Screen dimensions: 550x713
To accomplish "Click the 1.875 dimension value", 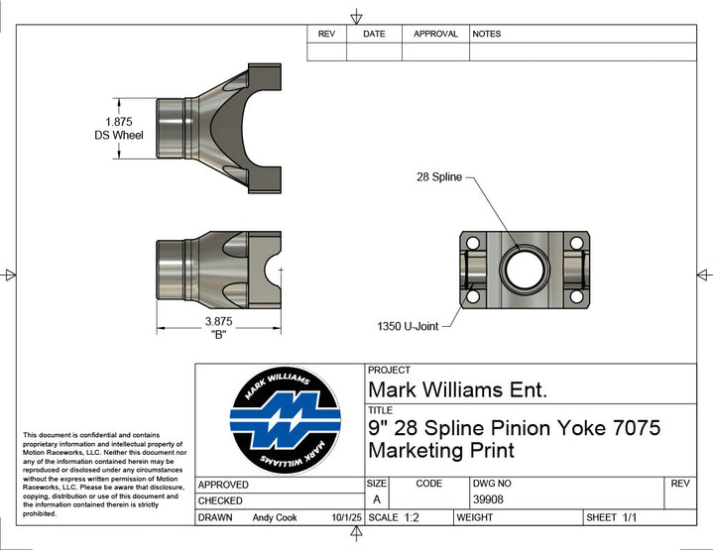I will (120, 121).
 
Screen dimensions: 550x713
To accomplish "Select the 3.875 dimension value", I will (218, 321).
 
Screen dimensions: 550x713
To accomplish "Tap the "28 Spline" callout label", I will (438, 177).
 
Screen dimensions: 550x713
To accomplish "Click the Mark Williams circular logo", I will (286, 420).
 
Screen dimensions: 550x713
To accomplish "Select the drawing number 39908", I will (487, 499).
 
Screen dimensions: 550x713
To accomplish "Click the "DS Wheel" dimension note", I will (119, 135).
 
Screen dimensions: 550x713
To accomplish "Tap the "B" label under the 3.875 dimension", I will (218, 335).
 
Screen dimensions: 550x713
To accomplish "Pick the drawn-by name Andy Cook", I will (276, 517).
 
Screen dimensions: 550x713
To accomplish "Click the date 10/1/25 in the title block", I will (346, 517).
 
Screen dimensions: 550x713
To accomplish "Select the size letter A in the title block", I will (377, 499).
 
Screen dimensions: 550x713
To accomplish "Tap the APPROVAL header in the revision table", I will (435, 34).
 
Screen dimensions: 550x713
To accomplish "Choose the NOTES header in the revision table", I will (487, 34).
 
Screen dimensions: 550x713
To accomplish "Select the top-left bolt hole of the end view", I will (472, 243).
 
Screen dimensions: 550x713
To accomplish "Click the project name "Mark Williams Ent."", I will (456, 389).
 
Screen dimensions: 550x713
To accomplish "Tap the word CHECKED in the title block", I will (220, 501).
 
